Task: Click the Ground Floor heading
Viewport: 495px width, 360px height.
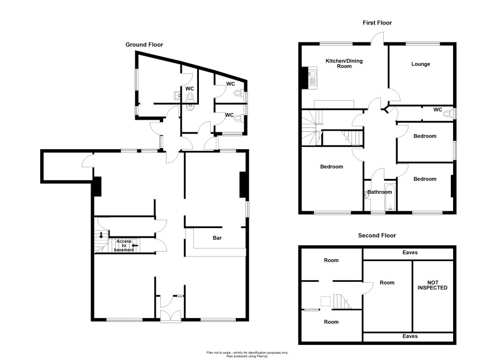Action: point(144,45)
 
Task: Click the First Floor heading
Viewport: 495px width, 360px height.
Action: point(377,23)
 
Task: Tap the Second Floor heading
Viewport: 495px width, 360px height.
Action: point(377,235)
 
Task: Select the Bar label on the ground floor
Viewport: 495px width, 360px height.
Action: point(217,238)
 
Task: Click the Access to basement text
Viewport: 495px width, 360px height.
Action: point(124,245)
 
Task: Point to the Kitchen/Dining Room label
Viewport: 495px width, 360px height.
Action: point(344,64)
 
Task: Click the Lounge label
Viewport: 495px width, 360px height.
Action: point(421,64)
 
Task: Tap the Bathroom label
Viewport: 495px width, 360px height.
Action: point(379,192)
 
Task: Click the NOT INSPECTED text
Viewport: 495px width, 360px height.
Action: point(432,285)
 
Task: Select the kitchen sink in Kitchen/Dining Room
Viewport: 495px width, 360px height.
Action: point(312,78)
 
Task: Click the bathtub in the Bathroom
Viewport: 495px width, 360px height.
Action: point(390,196)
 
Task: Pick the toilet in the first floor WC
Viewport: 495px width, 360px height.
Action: point(448,113)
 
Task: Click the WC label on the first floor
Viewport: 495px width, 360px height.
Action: point(437,110)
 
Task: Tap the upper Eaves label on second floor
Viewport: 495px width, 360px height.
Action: point(410,253)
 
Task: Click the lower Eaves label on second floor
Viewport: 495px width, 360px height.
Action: point(410,337)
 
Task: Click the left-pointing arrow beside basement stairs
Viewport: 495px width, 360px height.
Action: point(135,245)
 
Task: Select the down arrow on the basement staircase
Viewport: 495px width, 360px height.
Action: point(101,235)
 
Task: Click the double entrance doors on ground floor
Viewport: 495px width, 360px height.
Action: point(170,316)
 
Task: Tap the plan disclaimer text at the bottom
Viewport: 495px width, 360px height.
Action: point(247,354)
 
